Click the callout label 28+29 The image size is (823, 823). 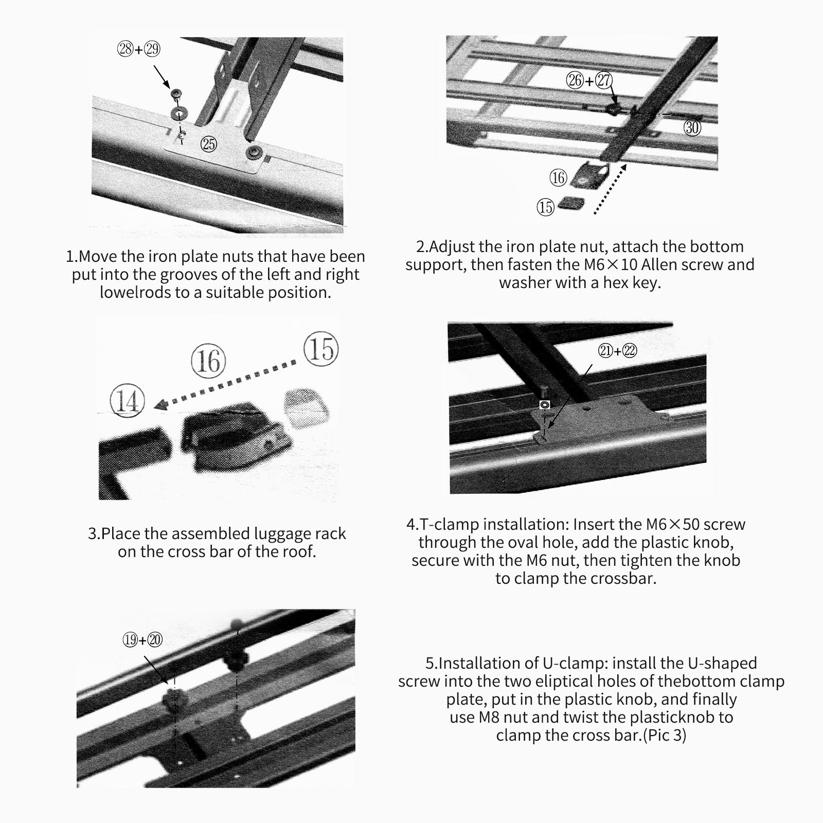(x=139, y=49)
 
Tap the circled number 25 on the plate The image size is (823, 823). (x=208, y=144)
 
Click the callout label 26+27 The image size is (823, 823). (x=589, y=80)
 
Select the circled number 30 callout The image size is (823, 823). (x=692, y=127)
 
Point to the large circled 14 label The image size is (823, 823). (x=127, y=401)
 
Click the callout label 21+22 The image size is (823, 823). (x=617, y=351)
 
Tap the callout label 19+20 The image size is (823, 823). (x=142, y=640)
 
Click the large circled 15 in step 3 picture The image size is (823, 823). (x=321, y=349)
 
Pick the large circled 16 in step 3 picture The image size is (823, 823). (x=208, y=361)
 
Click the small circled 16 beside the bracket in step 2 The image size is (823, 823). (x=558, y=178)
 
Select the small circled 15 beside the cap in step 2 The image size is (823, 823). (x=545, y=207)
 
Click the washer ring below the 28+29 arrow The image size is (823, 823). (x=180, y=113)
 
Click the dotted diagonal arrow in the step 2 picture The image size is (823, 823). (x=610, y=189)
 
